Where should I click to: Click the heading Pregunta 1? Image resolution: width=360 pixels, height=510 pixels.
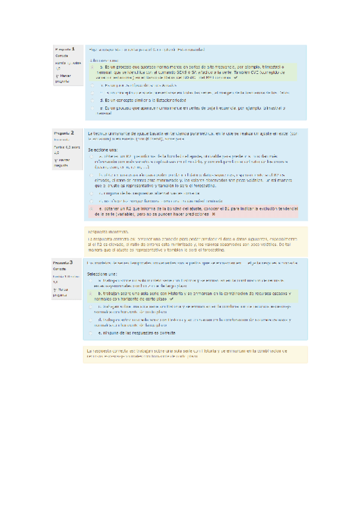[x=64, y=49]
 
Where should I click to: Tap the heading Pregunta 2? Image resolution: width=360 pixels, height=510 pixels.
[x=64, y=132]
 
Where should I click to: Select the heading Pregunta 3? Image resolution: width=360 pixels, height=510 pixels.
[x=63, y=263]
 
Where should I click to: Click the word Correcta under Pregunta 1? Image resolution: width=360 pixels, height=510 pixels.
[x=61, y=55]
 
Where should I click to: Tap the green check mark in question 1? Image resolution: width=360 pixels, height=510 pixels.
[x=236, y=78]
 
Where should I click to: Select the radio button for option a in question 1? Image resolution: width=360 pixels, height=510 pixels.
[x=93, y=69]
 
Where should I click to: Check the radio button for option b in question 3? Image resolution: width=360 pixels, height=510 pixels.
[x=91, y=293]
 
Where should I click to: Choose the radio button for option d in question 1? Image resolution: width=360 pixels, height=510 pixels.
[x=93, y=100]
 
